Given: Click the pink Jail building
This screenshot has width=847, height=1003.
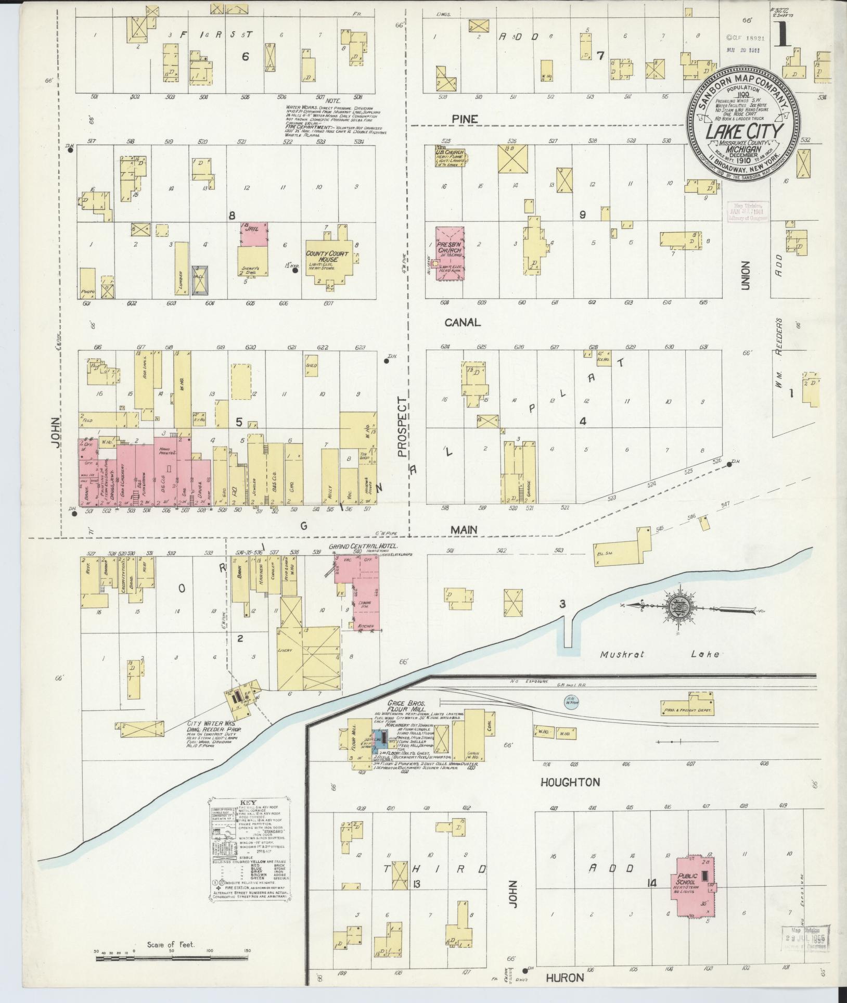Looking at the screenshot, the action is click(x=254, y=234).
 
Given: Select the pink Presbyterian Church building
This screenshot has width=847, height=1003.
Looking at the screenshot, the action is click(x=450, y=254).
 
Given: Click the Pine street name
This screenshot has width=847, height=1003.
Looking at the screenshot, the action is click(x=465, y=119).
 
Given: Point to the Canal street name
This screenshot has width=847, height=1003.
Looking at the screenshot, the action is click(x=463, y=322).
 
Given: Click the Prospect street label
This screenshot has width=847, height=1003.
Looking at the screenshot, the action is click(x=402, y=427).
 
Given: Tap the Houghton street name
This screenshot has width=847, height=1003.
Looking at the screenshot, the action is click(x=570, y=796).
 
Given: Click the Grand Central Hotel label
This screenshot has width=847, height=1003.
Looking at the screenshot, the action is click(x=363, y=547).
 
